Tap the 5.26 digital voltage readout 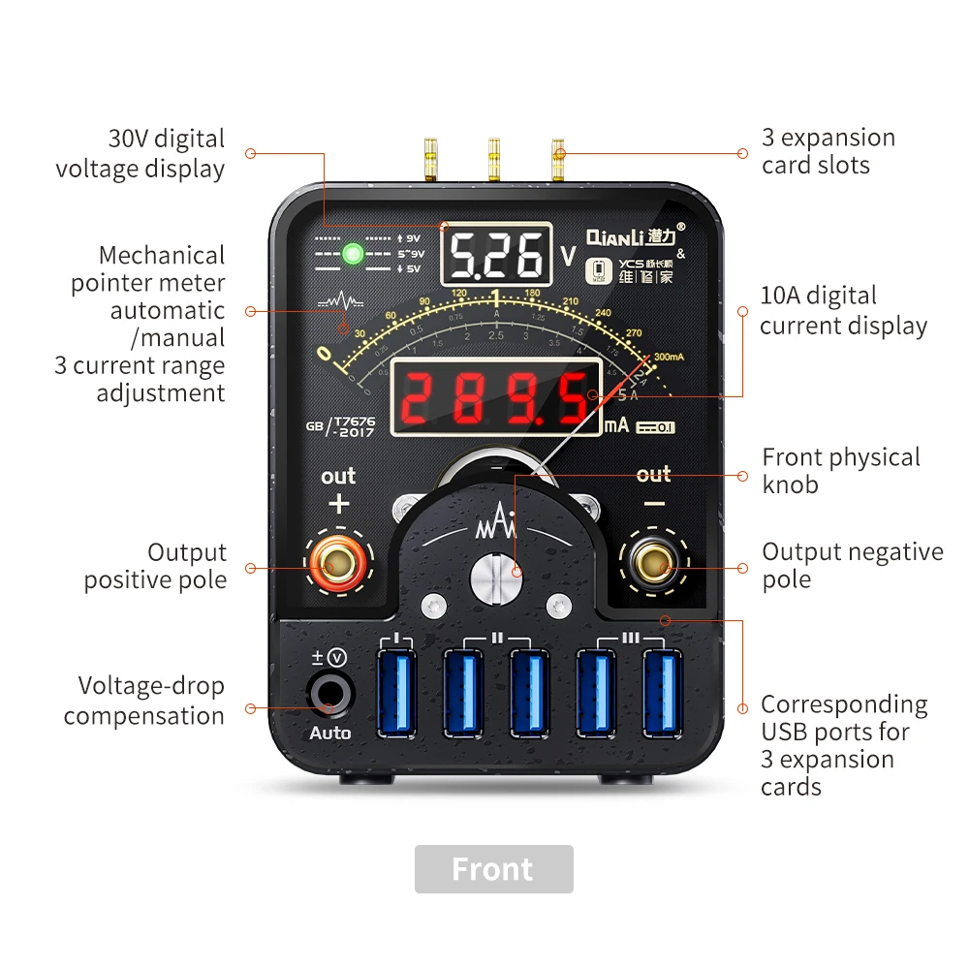click(x=496, y=255)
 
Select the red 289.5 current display click(x=495, y=397)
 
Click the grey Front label click(x=493, y=869)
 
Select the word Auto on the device click(x=329, y=734)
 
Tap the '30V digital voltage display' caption click(x=141, y=153)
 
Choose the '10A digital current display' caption click(x=843, y=310)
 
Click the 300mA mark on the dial click(x=669, y=358)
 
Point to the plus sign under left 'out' click(x=338, y=504)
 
